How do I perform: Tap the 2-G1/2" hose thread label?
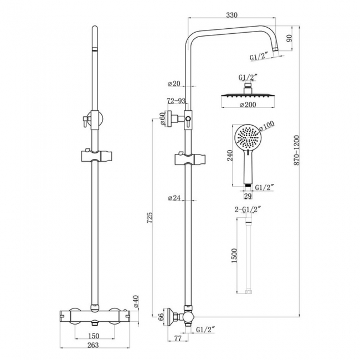[x=248, y=209]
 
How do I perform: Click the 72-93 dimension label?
[x=176, y=101]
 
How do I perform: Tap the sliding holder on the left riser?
[x=96, y=155]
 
